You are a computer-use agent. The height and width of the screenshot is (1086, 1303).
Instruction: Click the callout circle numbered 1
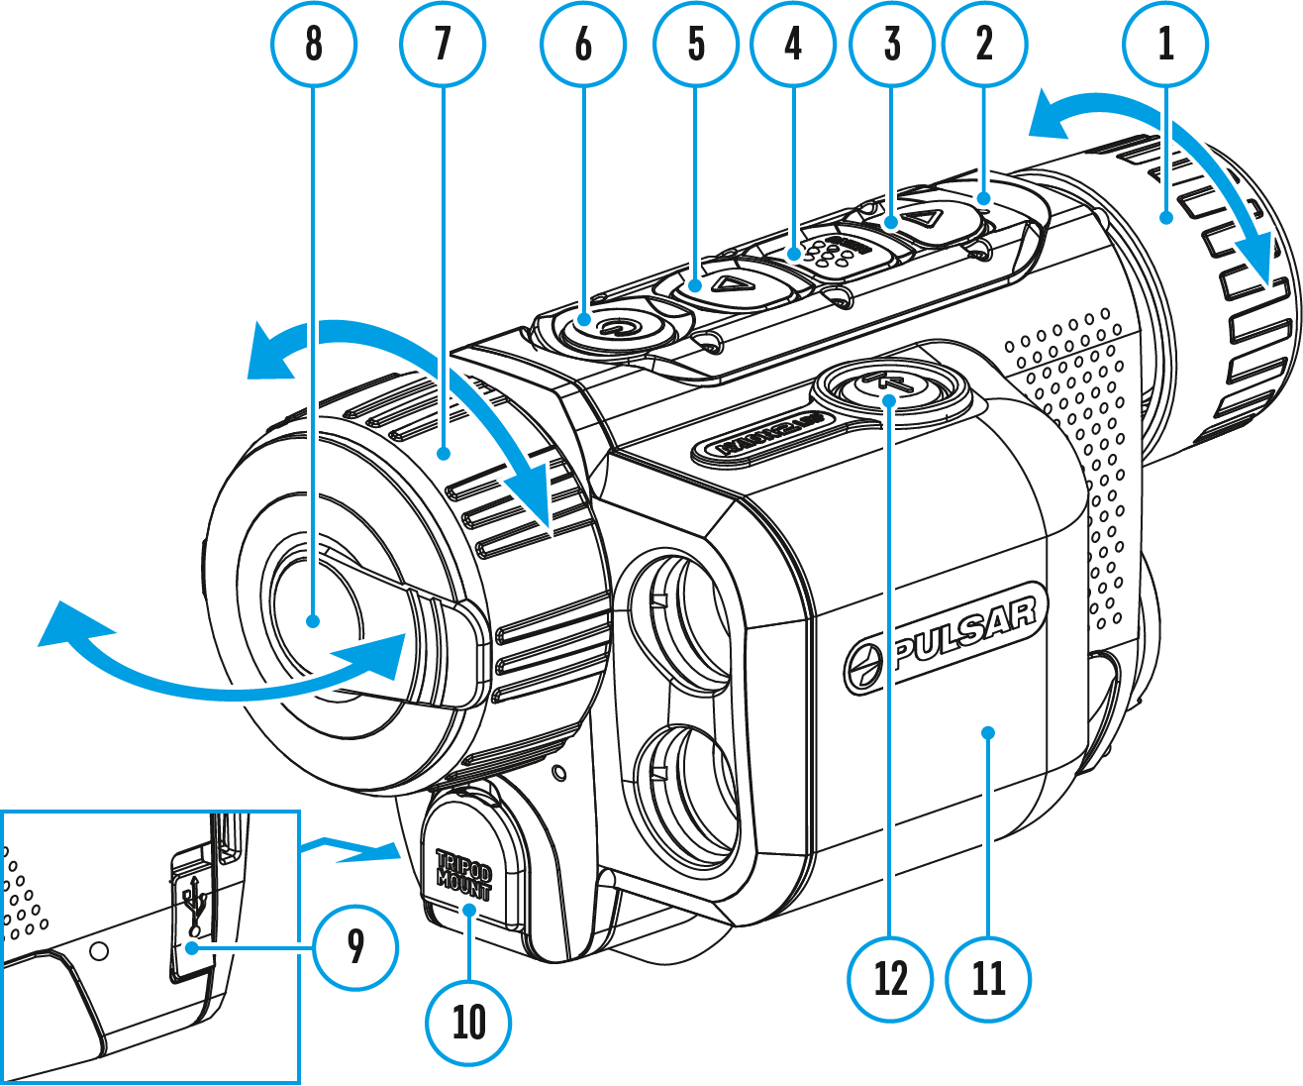tap(1165, 44)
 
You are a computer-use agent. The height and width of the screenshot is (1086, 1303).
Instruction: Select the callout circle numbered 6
tap(583, 44)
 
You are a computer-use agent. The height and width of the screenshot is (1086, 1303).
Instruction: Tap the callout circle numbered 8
tap(314, 44)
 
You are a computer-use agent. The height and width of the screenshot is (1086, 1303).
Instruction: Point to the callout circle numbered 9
tap(355, 947)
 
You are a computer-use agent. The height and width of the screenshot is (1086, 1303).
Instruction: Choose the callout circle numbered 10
tap(469, 1022)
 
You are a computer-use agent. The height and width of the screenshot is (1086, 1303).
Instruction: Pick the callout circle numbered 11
tap(988, 979)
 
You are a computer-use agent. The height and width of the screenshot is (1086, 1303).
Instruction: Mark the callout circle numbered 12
tap(891, 979)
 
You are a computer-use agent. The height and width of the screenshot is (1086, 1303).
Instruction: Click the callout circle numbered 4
tap(793, 44)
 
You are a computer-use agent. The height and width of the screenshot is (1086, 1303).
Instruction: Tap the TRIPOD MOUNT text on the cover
tap(463, 873)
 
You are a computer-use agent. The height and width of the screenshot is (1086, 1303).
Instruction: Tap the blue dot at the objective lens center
tap(314, 621)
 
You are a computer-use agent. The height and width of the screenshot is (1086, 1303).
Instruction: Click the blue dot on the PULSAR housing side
tap(987, 732)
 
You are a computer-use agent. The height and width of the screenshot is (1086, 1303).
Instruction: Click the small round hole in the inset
tap(97, 951)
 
